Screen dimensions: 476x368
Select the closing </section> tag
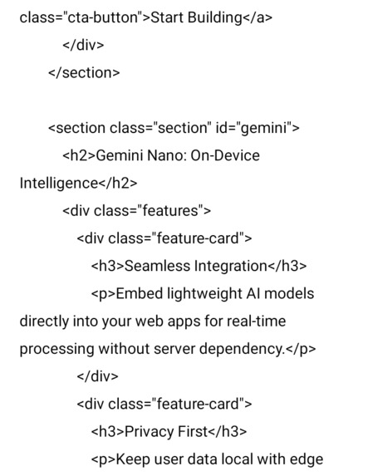[84, 72]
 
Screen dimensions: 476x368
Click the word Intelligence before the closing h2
[57, 183]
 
